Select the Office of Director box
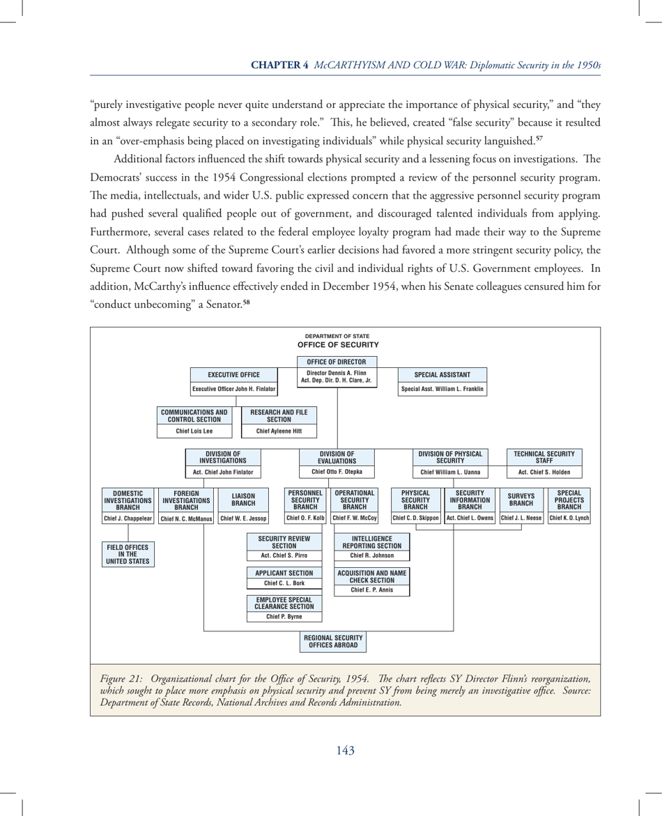pyautogui.click(x=337, y=362)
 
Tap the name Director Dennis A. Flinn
pyautogui.click(x=337, y=374)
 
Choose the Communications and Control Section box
pyautogui.click(x=193, y=416)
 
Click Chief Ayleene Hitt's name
pyautogui.click(x=279, y=431)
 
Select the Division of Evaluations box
pyautogui.click(x=337, y=457)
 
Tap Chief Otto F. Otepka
pyautogui.click(x=337, y=472)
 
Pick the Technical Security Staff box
pyautogui.click(x=544, y=457)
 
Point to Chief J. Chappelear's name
pyautogui.click(x=128, y=518)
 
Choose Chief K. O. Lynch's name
pyautogui.click(x=569, y=518)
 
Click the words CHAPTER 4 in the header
pyautogui.click(x=280, y=65)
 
